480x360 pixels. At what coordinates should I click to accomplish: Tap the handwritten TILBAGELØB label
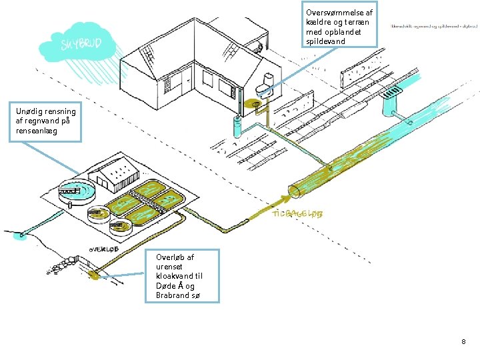(298, 215)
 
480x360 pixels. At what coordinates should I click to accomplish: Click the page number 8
(463, 341)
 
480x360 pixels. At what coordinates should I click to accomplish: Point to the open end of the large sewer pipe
(295, 193)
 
